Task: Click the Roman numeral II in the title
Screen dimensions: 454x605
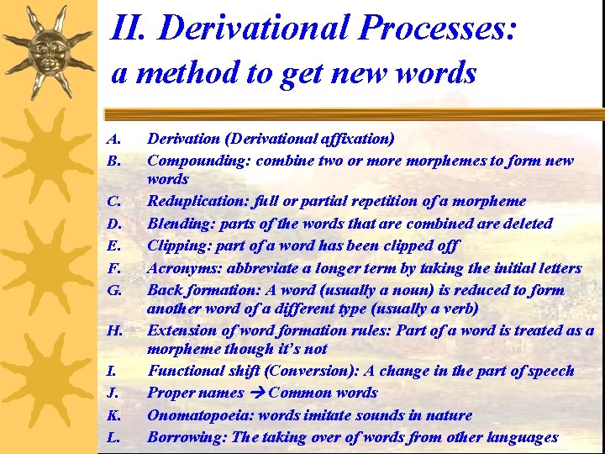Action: (x=129, y=29)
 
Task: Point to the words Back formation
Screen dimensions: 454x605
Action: (x=198, y=290)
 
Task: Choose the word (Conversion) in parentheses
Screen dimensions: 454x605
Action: (x=291, y=371)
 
